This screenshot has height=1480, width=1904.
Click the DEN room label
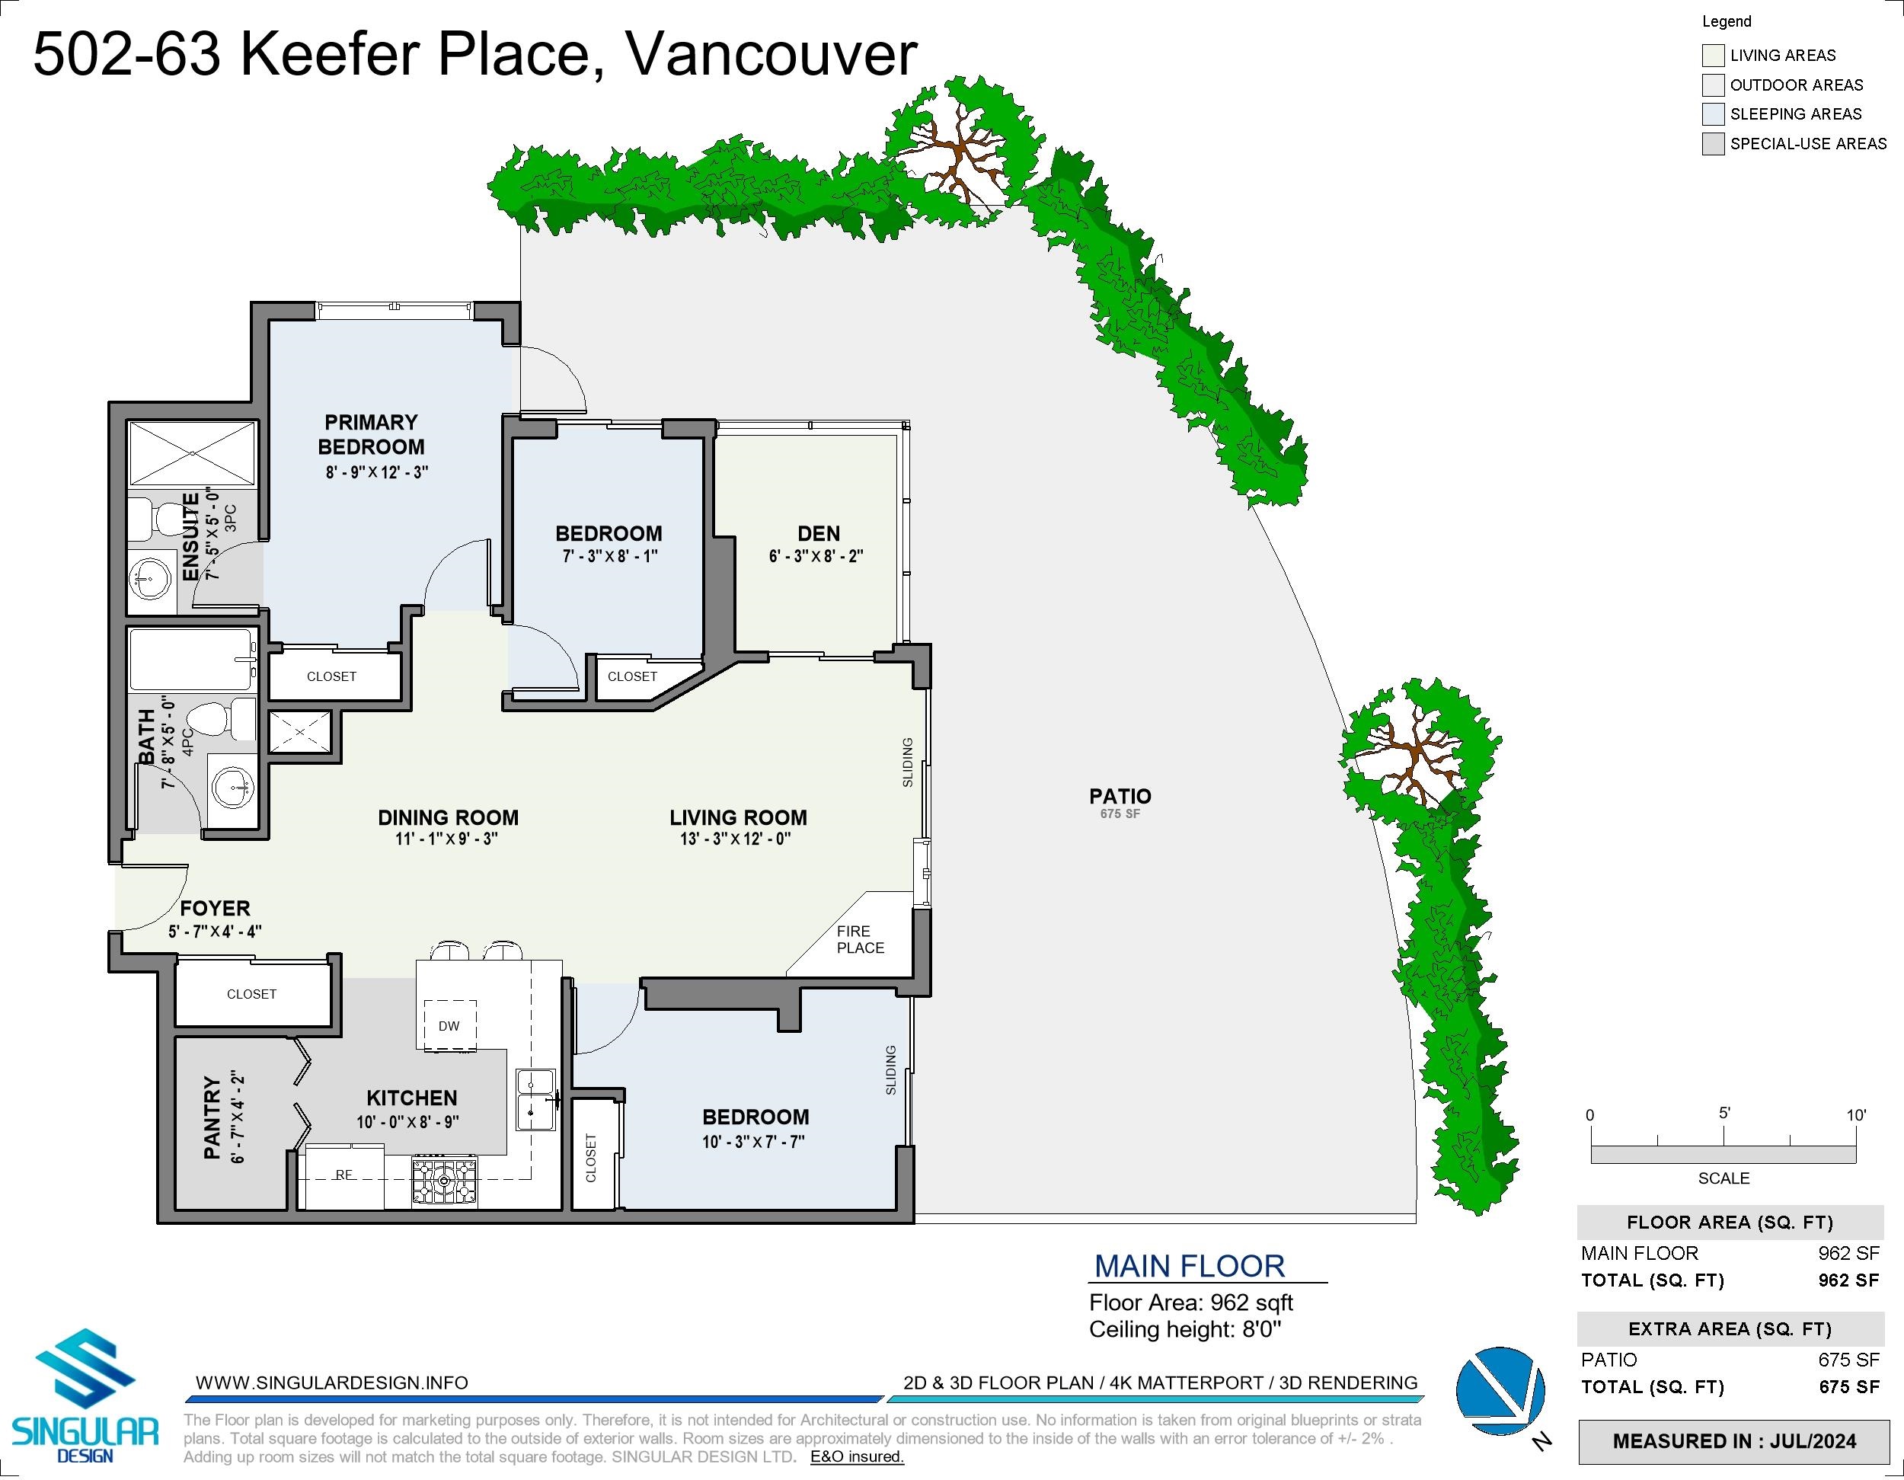pyautogui.click(x=819, y=533)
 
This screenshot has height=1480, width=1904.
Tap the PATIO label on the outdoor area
pyautogui.click(x=1120, y=796)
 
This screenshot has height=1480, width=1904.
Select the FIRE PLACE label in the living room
pyautogui.click(x=861, y=939)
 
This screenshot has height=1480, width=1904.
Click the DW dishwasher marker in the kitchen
pyautogui.click(x=449, y=1025)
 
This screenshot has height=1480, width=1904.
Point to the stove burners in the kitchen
pyautogui.click(x=445, y=1181)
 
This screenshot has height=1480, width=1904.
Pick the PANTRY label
pyautogui.click(x=212, y=1118)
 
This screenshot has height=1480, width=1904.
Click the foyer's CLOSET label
pyautogui.click(x=251, y=993)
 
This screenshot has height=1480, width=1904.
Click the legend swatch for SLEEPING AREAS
pyautogui.click(x=1713, y=114)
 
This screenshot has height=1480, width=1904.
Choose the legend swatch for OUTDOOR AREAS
pyautogui.click(x=1713, y=85)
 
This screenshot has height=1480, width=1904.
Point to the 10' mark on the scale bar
pyautogui.click(x=1856, y=1114)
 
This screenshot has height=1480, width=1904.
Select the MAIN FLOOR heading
pyautogui.click(x=1189, y=1265)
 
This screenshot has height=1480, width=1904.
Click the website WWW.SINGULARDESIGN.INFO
pyautogui.click(x=331, y=1383)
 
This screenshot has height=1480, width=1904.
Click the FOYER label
pyautogui.click(x=215, y=908)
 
